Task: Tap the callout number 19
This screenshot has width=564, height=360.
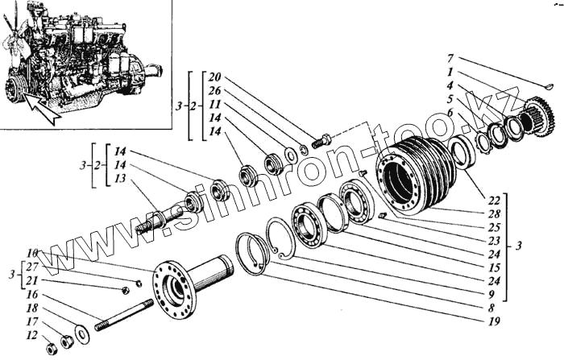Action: (494, 322)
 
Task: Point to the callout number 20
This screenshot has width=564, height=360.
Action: (214, 77)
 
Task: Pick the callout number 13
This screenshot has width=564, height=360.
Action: (120, 178)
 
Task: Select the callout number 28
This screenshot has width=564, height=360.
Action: (494, 213)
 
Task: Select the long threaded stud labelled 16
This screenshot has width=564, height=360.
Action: (124, 315)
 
